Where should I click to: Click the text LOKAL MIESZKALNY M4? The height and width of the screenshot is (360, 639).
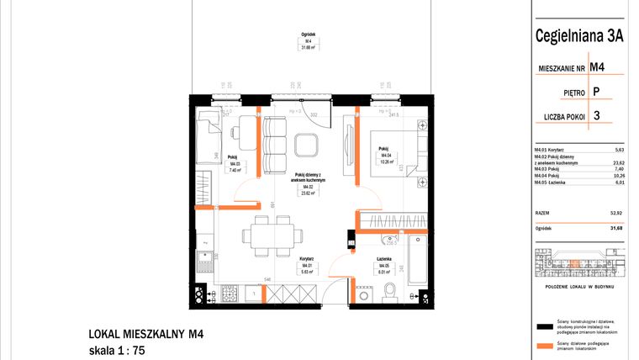[146, 334]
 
